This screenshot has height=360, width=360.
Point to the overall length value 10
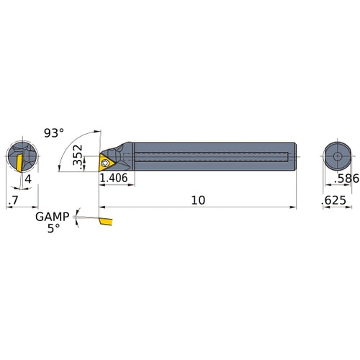tap(198, 200)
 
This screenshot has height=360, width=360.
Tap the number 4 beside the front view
tap(27, 179)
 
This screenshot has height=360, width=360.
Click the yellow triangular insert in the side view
tap(107, 160)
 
